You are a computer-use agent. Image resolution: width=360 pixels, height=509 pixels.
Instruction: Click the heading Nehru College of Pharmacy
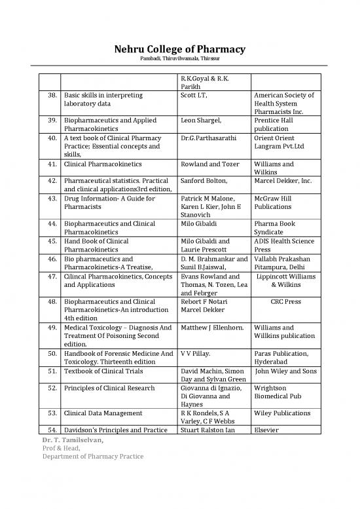180,49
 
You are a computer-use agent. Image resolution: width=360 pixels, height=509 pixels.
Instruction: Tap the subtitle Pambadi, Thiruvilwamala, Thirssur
180,60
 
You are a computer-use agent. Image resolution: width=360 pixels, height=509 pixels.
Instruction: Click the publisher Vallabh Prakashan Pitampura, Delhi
282,263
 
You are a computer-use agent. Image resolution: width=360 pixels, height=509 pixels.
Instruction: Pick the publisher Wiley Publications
282,413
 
